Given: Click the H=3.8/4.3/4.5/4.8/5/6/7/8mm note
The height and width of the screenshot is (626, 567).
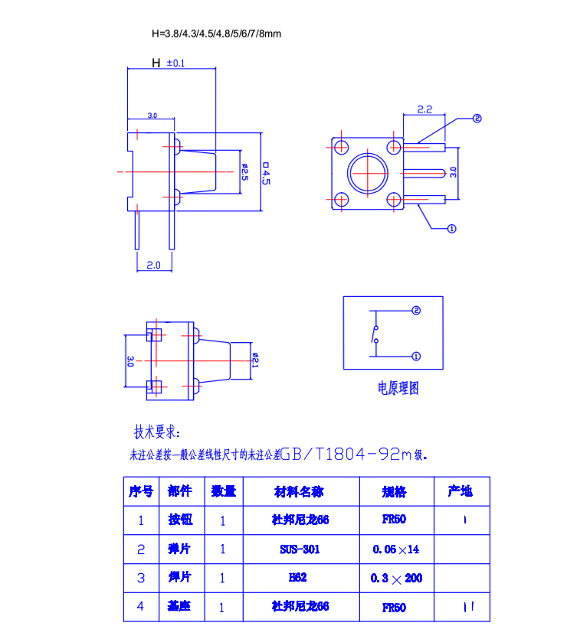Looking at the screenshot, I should tap(216, 34).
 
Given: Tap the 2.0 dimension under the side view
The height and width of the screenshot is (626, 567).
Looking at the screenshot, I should tap(153, 265).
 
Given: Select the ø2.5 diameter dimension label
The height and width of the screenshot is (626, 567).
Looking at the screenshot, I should tap(244, 171).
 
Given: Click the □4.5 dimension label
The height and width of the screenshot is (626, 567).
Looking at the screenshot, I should tap(266, 172).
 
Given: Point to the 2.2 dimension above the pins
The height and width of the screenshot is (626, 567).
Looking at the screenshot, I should tap(425, 109).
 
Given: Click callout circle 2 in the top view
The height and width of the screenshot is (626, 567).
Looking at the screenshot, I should tap(477, 119).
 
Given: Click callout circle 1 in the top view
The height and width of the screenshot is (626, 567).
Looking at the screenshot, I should tap(451, 228).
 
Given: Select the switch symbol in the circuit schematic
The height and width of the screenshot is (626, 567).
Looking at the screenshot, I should tap(375, 334).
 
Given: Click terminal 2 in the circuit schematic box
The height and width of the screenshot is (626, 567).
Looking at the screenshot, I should tap(416, 311).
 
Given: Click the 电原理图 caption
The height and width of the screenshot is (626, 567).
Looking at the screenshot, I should tap(398, 388).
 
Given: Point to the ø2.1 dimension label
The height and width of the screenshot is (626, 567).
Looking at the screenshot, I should tap(255, 359).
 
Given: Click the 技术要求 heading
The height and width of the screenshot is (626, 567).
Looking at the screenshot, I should tap(159, 430).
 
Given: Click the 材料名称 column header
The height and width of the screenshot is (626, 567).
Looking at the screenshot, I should tap(300, 491).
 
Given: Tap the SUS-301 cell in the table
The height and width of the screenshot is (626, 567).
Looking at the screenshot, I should tap(300, 549).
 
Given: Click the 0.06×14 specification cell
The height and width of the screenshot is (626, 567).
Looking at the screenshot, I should tap(396, 549).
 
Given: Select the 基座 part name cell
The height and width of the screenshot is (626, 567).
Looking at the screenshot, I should tap(180, 606).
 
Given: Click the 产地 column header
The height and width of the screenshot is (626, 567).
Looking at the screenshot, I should tap(460, 491).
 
